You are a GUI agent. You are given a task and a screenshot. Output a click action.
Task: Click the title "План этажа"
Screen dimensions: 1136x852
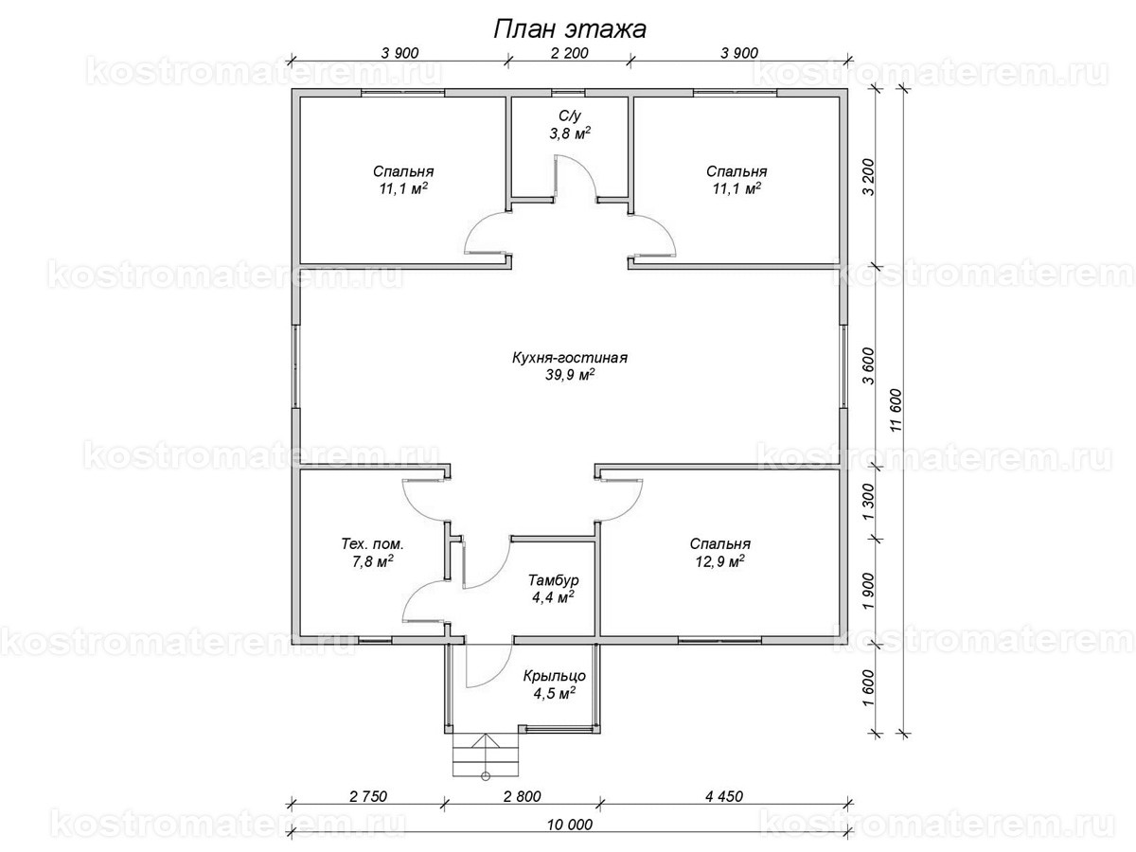pyautogui.click(x=569, y=29)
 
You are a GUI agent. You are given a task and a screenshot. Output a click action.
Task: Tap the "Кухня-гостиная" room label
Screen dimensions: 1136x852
pyautogui.click(x=569, y=358)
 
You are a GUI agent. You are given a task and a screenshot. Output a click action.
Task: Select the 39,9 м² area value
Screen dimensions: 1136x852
pyautogui.click(x=569, y=375)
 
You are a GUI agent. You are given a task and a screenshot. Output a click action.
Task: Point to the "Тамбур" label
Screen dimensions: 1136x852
pyautogui.click(x=553, y=580)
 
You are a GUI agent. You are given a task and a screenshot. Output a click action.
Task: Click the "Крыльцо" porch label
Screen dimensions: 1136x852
pyautogui.click(x=554, y=676)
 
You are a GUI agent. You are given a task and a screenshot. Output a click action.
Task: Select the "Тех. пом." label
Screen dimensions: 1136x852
pyautogui.click(x=372, y=544)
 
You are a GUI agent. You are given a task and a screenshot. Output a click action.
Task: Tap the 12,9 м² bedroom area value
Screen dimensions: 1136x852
pyautogui.click(x=719, y=561)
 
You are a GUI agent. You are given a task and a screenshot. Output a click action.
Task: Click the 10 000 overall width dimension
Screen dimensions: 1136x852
pyautogui.click(x=569, y=825)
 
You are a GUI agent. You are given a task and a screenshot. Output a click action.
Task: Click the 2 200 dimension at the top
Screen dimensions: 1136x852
pyautogui.click(x=569, y=53)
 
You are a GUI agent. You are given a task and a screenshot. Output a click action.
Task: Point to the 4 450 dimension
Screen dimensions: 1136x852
pyautogui.click(x=723, y=796)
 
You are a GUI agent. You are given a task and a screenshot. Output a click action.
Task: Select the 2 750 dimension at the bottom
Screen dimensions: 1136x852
pyautogui.click(x=368, y=796)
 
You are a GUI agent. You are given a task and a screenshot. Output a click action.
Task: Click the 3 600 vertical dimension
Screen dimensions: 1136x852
pyautogui.click(x=868, y=366)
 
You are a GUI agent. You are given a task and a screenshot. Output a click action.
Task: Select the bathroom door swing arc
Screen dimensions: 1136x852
pyautogui.click(x=584, y=170)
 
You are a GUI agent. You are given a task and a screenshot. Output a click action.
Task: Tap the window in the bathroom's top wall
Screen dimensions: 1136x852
pyautogui.click(x=568, y=93)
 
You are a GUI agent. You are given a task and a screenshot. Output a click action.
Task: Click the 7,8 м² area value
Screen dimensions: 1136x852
pyautogui.click(x=373, y=561)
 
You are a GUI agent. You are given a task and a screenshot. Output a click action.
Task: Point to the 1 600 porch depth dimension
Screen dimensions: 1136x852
pyautogui.click(x=868, y=688)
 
